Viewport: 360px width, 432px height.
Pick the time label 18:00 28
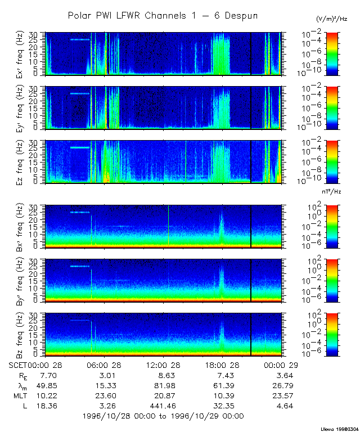(x=220, y=365)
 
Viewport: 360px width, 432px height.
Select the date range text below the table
(x=163, y=416)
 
